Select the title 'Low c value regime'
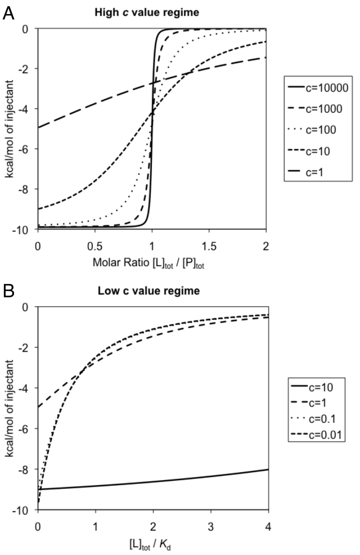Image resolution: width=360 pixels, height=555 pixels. coord(151,291)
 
